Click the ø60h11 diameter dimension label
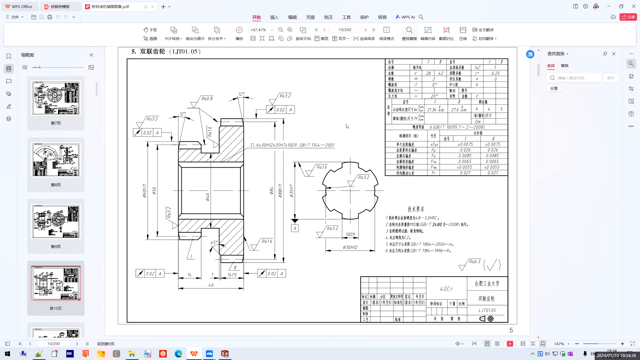point(144,191)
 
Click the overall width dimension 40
point(211,285)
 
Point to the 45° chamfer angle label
point(214,243)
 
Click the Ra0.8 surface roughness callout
point(207,99)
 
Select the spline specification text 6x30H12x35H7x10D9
point(276,145)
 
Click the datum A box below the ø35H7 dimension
point(295,229)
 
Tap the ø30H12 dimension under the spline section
point(350,247)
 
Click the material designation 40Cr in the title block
point(446,289)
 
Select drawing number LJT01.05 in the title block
point(487,310)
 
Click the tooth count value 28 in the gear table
point(428,73)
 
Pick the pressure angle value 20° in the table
point(434,96)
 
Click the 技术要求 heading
point(416,209)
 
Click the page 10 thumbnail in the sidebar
point(56,283)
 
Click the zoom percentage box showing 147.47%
point(259,30)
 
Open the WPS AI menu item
point(405,17)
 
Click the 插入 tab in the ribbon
point(274,17)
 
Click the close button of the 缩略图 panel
point(91,55)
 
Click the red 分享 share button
point(628,17)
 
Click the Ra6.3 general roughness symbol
point(474,262)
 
